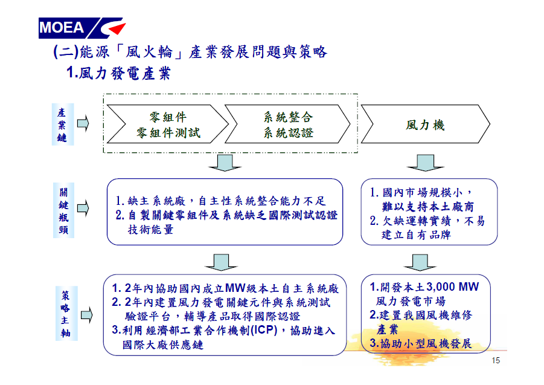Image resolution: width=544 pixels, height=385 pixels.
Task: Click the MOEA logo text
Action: coord(62,27)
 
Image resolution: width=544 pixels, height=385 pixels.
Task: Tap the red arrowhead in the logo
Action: coord(118,28)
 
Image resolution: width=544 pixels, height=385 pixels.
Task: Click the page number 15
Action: coord(496,360)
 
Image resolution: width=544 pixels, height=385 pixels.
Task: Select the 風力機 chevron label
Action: coord(425,125)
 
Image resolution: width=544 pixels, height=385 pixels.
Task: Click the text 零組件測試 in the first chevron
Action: coord(168,132)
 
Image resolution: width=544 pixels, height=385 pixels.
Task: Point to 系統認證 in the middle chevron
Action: coord(289,132)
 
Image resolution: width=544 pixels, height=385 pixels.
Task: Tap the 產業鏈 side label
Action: coord(62,125)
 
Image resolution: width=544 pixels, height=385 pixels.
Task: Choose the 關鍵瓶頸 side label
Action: coord(63,210)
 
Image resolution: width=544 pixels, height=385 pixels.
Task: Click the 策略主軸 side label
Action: coord(66,314)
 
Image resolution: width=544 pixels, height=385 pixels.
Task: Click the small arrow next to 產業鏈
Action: coord(83,123)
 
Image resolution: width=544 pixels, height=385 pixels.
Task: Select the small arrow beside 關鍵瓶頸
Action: coord(83,208)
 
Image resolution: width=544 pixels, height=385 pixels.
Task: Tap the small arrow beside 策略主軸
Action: coord(87,315)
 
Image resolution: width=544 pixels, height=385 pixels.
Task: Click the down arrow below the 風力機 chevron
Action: coord(425,163)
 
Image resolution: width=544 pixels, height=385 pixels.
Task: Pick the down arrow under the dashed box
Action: coord(225,163)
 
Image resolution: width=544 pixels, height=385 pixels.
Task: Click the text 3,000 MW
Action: coord(453,286)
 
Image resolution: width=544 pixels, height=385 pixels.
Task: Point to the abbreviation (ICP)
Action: coord(264,330)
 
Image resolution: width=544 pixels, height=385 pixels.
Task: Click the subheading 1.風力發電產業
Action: coord(118,73)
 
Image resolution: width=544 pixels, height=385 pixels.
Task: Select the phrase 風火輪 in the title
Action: coord(149,52)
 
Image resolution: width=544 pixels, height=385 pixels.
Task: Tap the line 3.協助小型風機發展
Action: coord(420,343)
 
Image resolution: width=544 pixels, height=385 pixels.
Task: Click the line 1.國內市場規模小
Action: coord(416,192)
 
